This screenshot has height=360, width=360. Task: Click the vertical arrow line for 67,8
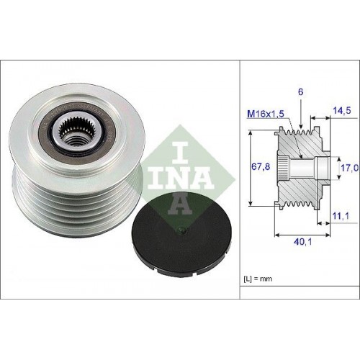pos(249,167)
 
